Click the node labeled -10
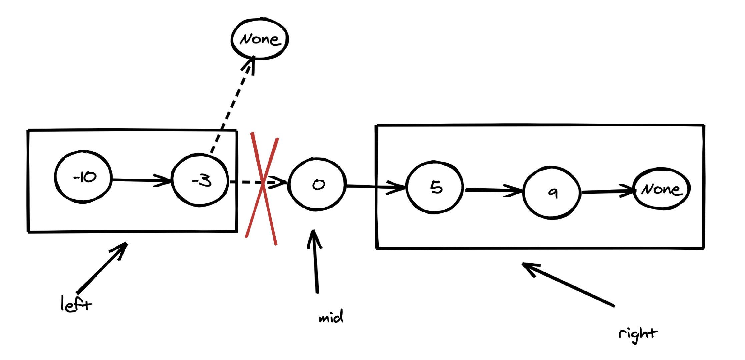[83, 177]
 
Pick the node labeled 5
[435, 187]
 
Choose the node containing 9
[552, 193]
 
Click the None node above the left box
[260, 39]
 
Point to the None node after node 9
[661, 189]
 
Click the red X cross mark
[262, 188]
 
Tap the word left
[75, 304]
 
